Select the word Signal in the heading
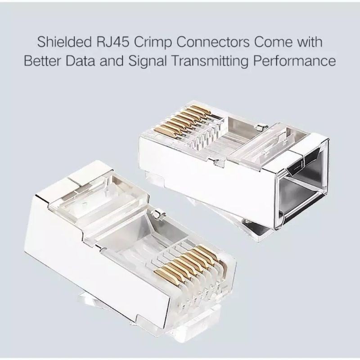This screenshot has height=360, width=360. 154,61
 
